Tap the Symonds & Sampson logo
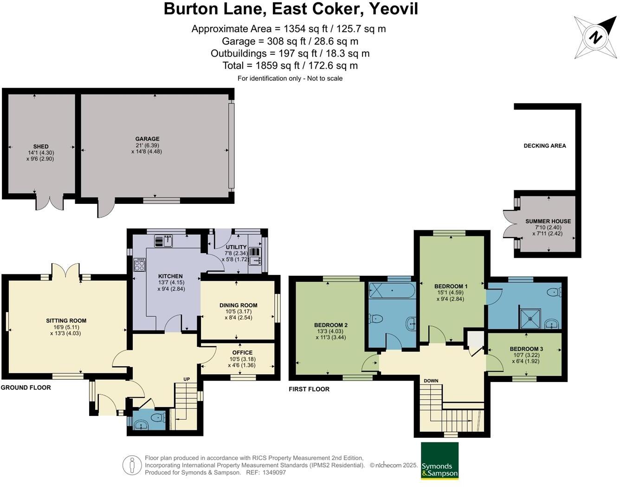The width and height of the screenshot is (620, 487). pos(439,461)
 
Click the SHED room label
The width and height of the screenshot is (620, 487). pos(41,146)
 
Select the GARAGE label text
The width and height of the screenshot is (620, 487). pos(147,139)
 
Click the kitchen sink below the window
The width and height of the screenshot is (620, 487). pos(163,241)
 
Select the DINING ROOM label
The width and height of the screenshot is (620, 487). pos(238,305)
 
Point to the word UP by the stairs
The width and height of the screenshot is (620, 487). pos(187,379)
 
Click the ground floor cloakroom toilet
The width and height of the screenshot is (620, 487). pos(157,418)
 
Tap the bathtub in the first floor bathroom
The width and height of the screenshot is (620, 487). pos(392,292)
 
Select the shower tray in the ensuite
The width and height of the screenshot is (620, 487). pos(530,318)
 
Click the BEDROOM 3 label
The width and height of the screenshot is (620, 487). pos(526,349)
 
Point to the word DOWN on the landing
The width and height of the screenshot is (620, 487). pos(431,381)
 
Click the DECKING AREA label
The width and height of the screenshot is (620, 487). pos(544,146)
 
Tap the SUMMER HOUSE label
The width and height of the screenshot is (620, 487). pos(548,221)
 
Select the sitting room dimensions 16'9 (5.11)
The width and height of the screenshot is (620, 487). pos(66,327)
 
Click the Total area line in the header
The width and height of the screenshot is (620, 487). pos(290,65)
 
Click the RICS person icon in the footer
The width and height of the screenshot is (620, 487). pos(132,465)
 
